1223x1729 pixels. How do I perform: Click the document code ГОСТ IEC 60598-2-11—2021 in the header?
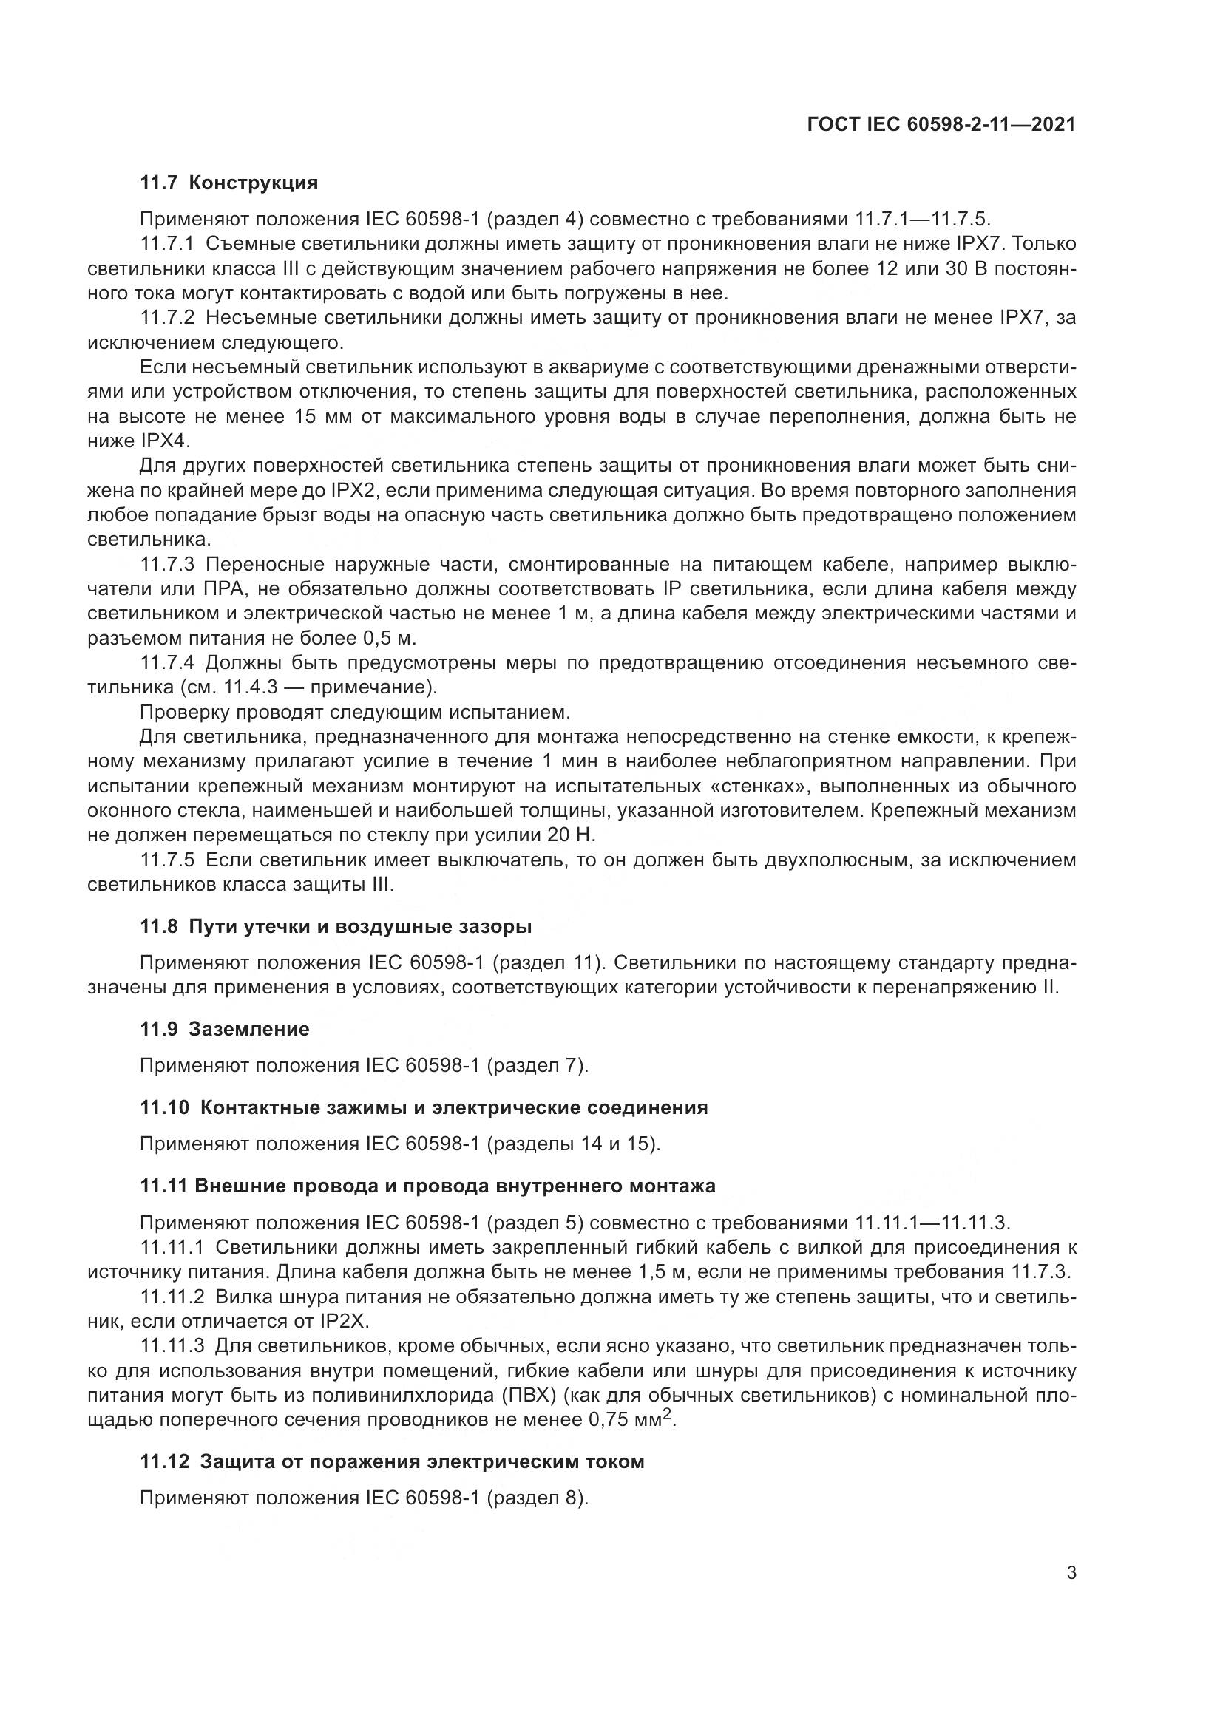click(x=941, y=125)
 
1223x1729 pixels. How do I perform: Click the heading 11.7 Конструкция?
click(x=229, y=183)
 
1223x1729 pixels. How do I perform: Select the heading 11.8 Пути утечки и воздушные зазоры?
click(x=336, y=927)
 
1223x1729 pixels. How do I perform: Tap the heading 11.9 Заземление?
click(x=225, y=1030)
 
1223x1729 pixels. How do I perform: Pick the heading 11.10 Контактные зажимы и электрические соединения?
click(x=424, y=1108)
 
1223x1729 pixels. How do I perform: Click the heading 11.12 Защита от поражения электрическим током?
click(x=392, y=1461)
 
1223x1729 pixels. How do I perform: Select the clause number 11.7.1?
click(x=167, y=244)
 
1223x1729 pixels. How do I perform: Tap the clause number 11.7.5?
click(x=167, y=860)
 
